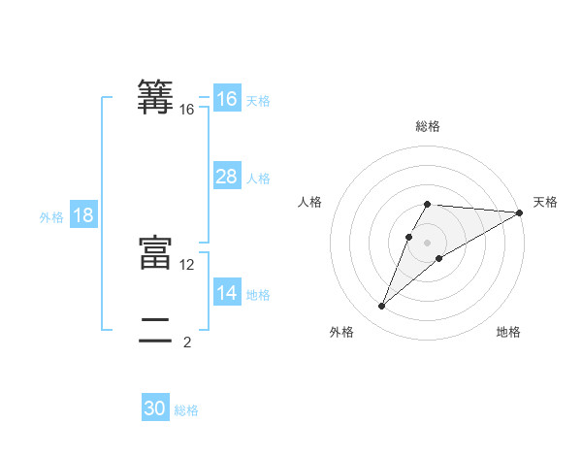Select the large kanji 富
click(155, 252)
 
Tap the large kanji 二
click(155, 331)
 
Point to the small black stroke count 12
click(187, 264)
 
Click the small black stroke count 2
click(187, 342)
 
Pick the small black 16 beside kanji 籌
click(187, 110)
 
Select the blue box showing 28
click(227, 177)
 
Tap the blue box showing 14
click(227, 293)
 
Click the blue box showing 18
click(83, 215)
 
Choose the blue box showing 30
click(155, 408)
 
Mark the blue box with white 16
click(227, 99)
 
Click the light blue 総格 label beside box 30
click(186, 410)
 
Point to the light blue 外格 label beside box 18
click(51, 217)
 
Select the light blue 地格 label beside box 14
click(258, 295)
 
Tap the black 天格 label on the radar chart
click(545, 202)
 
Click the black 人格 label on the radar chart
click(309, 202)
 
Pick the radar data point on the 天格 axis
click(519, 212)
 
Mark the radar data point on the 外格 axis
click(382, 307)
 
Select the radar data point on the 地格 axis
click(439, 258)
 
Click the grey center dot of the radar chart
click(427, 243)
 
